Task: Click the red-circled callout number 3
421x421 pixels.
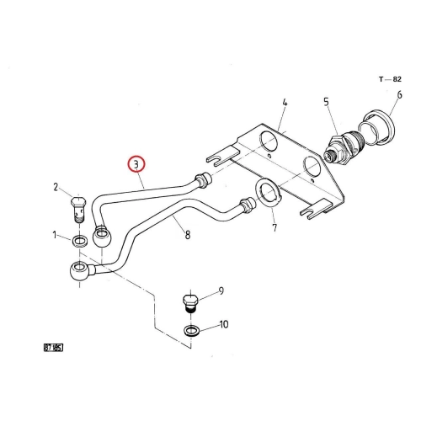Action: coord(136,164)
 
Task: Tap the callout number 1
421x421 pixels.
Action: coord(55,235)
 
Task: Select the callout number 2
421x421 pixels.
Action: coord(56,187)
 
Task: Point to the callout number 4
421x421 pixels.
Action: coord(285,102)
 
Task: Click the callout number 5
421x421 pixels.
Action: coord(326,102)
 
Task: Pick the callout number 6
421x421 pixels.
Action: coord(399,95)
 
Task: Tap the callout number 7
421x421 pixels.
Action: coord(274,227)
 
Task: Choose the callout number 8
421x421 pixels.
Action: coord(188,235)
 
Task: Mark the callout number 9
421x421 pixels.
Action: coord(221,290)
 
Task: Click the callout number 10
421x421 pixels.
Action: coord(224,324)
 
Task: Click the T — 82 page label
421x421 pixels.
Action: coord(390,79)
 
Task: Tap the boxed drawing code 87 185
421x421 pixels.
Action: coord(53,348)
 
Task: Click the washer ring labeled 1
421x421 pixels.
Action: coord(80,242)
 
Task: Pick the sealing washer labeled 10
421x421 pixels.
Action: coord(192,330)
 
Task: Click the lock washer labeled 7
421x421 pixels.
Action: coord(269,193)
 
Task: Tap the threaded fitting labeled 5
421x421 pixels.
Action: coord(344,149)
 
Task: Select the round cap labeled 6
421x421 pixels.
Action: coord(377,128)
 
